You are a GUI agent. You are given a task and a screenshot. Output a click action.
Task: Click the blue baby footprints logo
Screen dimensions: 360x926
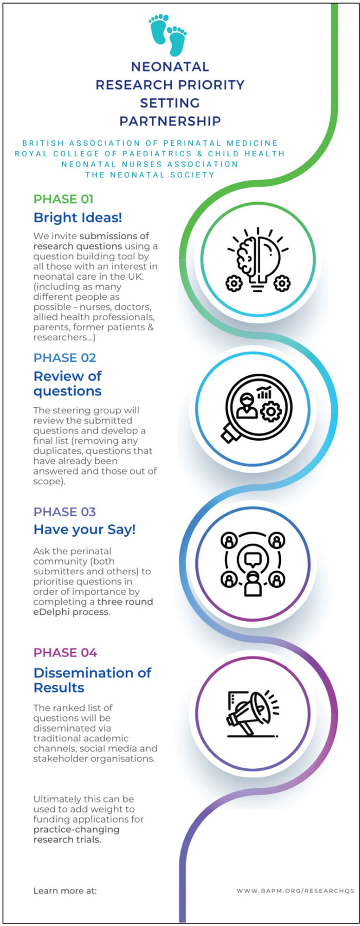[x=168, y=34]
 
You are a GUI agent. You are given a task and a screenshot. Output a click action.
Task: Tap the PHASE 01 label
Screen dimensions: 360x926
[x=63, y=199]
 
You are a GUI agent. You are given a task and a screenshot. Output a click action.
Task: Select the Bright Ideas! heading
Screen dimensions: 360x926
[x=78, y=217]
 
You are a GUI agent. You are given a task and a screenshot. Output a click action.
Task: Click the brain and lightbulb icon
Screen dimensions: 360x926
[x=258, y=260]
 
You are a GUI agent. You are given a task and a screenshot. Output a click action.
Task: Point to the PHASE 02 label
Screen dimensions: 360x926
[x=65, y=358]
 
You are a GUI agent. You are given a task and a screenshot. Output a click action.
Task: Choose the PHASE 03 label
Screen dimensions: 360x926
[x=65, y=512]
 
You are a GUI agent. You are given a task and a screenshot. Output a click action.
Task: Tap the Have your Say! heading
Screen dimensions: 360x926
[x=84, y=530]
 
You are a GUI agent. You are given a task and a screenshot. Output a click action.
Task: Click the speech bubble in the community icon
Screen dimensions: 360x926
[x=253, y=558]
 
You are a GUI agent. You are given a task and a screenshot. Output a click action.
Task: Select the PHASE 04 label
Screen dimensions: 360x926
[x=65, y=653]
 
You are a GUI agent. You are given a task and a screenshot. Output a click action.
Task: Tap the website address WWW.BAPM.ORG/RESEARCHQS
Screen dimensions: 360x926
[x=295, y=891]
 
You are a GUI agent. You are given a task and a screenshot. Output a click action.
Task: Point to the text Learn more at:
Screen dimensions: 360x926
[x=65, y=891]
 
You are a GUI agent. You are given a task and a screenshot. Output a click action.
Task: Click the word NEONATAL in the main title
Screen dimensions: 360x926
[x=170, y=67]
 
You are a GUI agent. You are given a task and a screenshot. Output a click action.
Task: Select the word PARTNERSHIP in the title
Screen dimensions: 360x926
[x=170, y=121]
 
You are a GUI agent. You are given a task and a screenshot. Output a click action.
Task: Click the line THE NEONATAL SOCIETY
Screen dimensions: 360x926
[x=150, y=175]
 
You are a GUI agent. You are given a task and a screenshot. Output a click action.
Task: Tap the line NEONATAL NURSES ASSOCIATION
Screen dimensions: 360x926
[x=150, y=165]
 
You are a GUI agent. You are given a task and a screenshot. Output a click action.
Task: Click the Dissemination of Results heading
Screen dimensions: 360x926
[x=93, y=680]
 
